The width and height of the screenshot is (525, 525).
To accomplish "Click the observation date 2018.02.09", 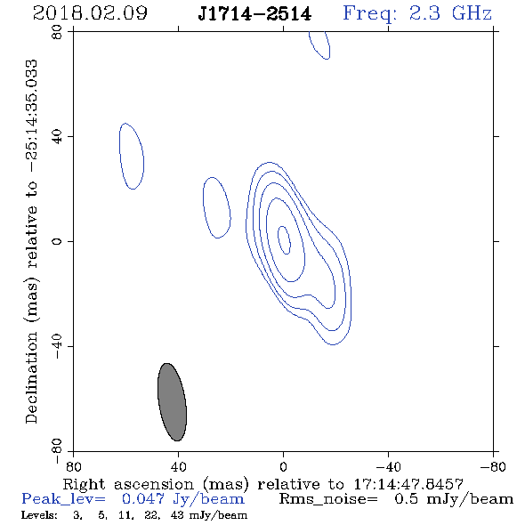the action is pyautogui.click(x=90, y=13).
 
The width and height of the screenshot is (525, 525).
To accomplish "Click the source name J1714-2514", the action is pyautogui.click(x=254, y=14).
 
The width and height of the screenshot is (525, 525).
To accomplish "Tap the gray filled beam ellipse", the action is pyautogui.click(x=172, y=402).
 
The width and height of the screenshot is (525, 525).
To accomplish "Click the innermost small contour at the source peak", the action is pyautogui.click(x=284, y=239).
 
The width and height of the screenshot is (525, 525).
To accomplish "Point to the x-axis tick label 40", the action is pyautogui.click(x=178, y=467).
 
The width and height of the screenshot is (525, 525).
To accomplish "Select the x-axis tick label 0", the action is pyautogui.click(x=283, y=467).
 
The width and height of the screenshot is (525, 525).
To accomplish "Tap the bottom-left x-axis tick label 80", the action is pyautogui.click(x=73, y=467).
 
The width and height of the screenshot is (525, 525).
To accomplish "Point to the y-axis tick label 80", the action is pyautogui.click(x=57, y=32).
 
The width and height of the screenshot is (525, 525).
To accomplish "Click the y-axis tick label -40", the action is pyautogui.click(x=57, y=346).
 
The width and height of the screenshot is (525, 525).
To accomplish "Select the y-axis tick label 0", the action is pyautogui.click(x=57, y=241).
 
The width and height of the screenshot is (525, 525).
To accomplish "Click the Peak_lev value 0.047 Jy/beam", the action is pyautogui.click(x=182, y=499).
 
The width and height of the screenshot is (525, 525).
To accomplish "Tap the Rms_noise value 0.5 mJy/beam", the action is pyautogui.click(x=454, y=499).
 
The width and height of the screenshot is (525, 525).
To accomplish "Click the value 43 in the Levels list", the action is pyautogui.click(x=177, y=514).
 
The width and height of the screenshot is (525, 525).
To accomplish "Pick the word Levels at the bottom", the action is pyautogui.click(x=39, y=515).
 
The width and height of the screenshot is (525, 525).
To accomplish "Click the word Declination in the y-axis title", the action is pyautogui.click(x=31, y=377).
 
